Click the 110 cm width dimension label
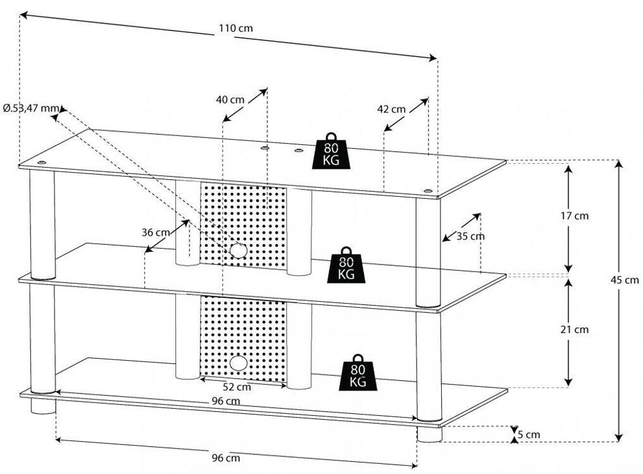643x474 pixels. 235,28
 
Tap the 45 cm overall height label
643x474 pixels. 624,280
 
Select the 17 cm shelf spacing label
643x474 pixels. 575,216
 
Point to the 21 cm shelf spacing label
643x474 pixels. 575,329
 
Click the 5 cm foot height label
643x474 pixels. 529,435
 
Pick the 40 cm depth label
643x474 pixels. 230,99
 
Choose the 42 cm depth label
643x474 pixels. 391,109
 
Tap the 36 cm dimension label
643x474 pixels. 156,232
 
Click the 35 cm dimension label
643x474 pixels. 471,236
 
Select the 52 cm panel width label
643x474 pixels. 237,387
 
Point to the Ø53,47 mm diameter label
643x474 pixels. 31,108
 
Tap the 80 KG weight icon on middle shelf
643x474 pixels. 346,265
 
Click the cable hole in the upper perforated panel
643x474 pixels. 238,250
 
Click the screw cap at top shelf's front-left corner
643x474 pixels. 41,163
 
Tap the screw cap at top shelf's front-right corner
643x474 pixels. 428,190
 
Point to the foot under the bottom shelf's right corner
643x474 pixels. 430,434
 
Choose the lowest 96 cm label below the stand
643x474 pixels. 226,458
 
